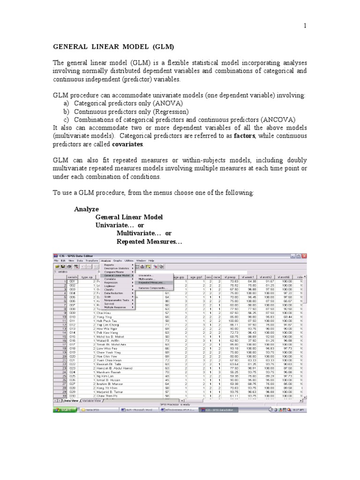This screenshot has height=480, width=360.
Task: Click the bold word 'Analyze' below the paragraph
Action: [87, 209]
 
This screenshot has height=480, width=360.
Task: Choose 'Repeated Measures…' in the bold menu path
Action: [150, 242]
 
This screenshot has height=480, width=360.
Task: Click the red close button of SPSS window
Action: [304, 256]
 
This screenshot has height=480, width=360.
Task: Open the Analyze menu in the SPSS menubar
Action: [105, 260]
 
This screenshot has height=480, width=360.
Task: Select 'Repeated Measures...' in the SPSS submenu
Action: [151, 283]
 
